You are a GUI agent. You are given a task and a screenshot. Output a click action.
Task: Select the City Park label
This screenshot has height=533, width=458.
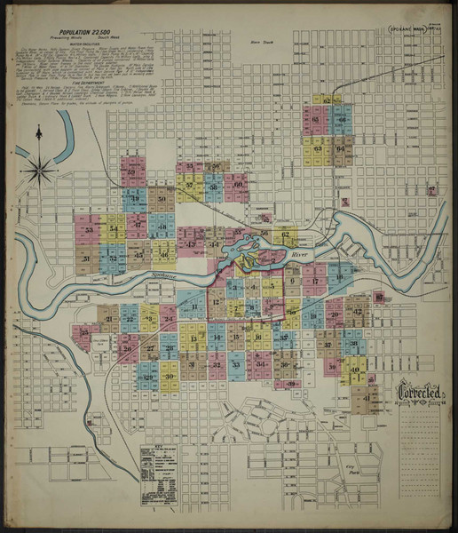coord(335,468)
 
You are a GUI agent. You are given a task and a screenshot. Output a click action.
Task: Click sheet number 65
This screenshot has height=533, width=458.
coord(317,118)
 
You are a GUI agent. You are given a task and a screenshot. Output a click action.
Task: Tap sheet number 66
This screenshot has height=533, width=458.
coord(340,118)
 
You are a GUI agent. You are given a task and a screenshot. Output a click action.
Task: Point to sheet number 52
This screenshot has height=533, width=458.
coord(132,172)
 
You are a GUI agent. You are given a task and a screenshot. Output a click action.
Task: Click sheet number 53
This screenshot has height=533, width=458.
coord(90,230)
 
